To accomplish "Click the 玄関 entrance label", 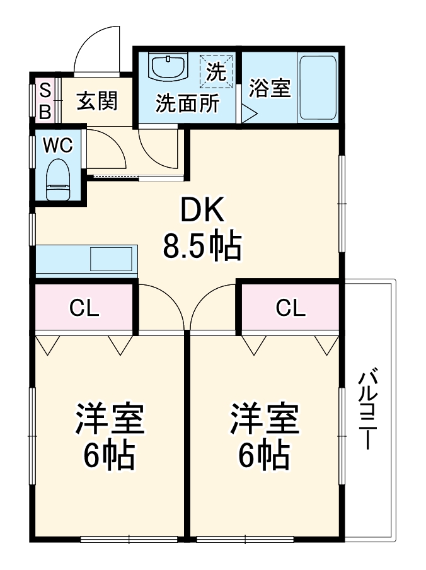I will pyautogui.click(x=97, y=100).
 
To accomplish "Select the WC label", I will pyautogui.click(x=58, y=146).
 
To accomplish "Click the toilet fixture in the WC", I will pyautogui.click(x=58, y=179).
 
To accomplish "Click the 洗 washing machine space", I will pyautogui.click(x=216, y=71).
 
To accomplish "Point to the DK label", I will pyautogui.click(x=202, y=211).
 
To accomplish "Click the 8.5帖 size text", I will pyautogui.click(x=202, y=247).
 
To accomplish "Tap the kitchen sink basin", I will pyautogui.click(x=112, y=259).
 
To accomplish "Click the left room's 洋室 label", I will pyautogui.click(x=110, y=420).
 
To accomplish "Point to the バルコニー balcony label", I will pyautogui.click(x=367, y=410).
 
